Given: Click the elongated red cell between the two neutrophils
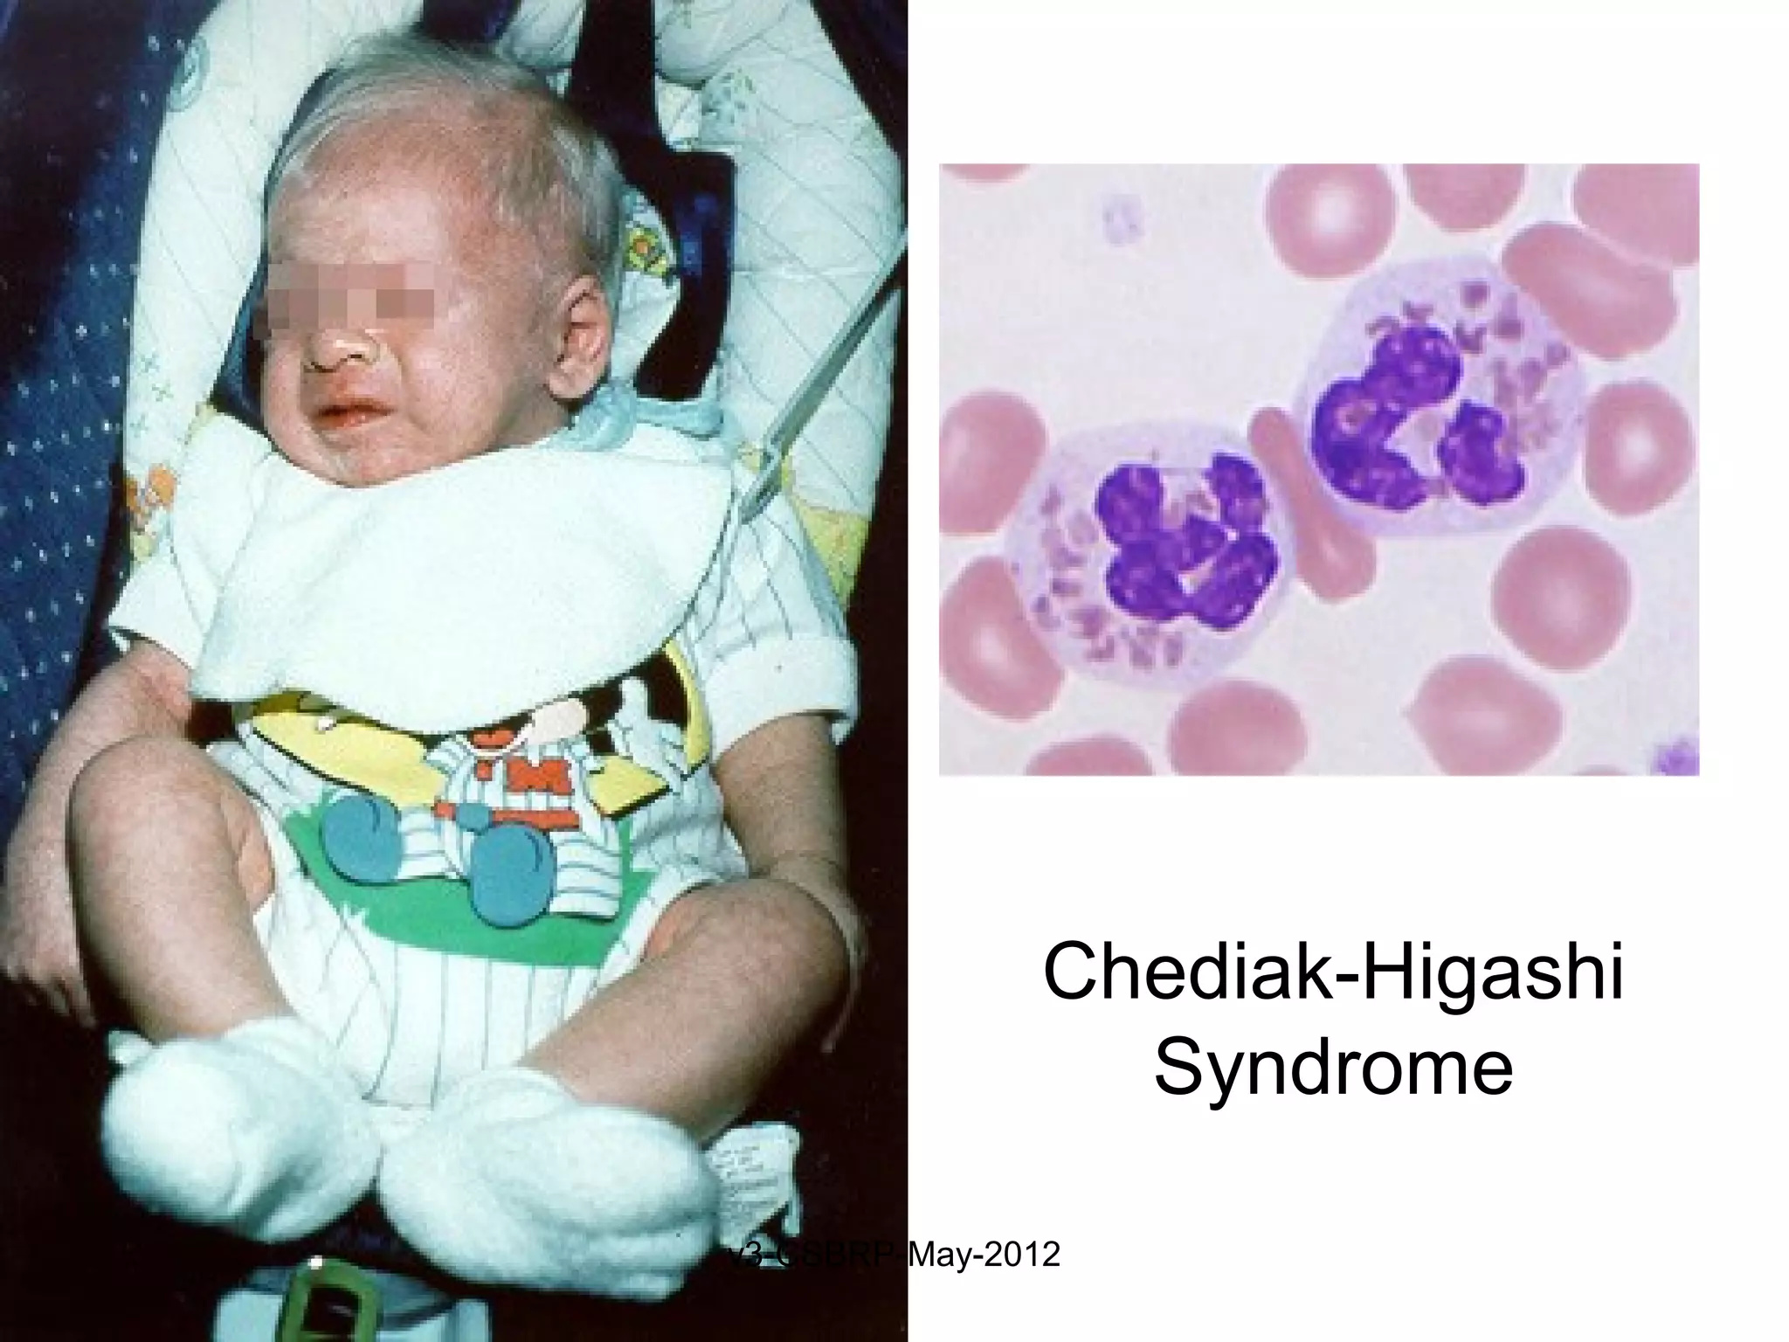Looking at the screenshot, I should [x=1293, y=507].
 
